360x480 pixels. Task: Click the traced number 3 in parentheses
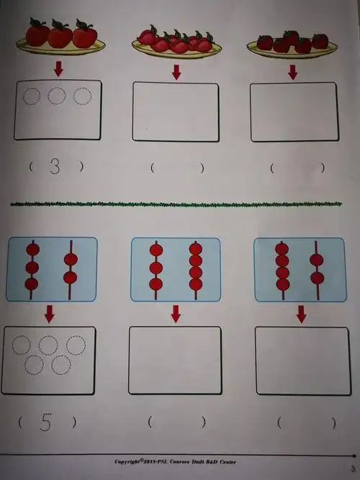click(55, 166)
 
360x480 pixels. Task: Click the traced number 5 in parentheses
click(46, 422)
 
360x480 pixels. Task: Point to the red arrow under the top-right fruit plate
click(292, 72)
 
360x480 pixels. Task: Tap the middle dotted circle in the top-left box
click(57, 96)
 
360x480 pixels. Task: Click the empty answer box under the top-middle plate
click(176, 112)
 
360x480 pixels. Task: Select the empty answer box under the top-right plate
click(294, 112)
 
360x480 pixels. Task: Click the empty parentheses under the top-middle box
click(177, 168)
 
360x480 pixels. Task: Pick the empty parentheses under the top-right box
click(297, 168)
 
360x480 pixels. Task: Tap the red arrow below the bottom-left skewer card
click(50, 313)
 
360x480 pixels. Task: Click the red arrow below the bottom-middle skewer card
click(175, 314)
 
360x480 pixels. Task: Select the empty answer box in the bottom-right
click(302, 361)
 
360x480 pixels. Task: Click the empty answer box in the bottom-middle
click(175, 361)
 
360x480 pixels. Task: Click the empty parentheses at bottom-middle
click(176, 422)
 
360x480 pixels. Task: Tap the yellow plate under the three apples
click(60, 49)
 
